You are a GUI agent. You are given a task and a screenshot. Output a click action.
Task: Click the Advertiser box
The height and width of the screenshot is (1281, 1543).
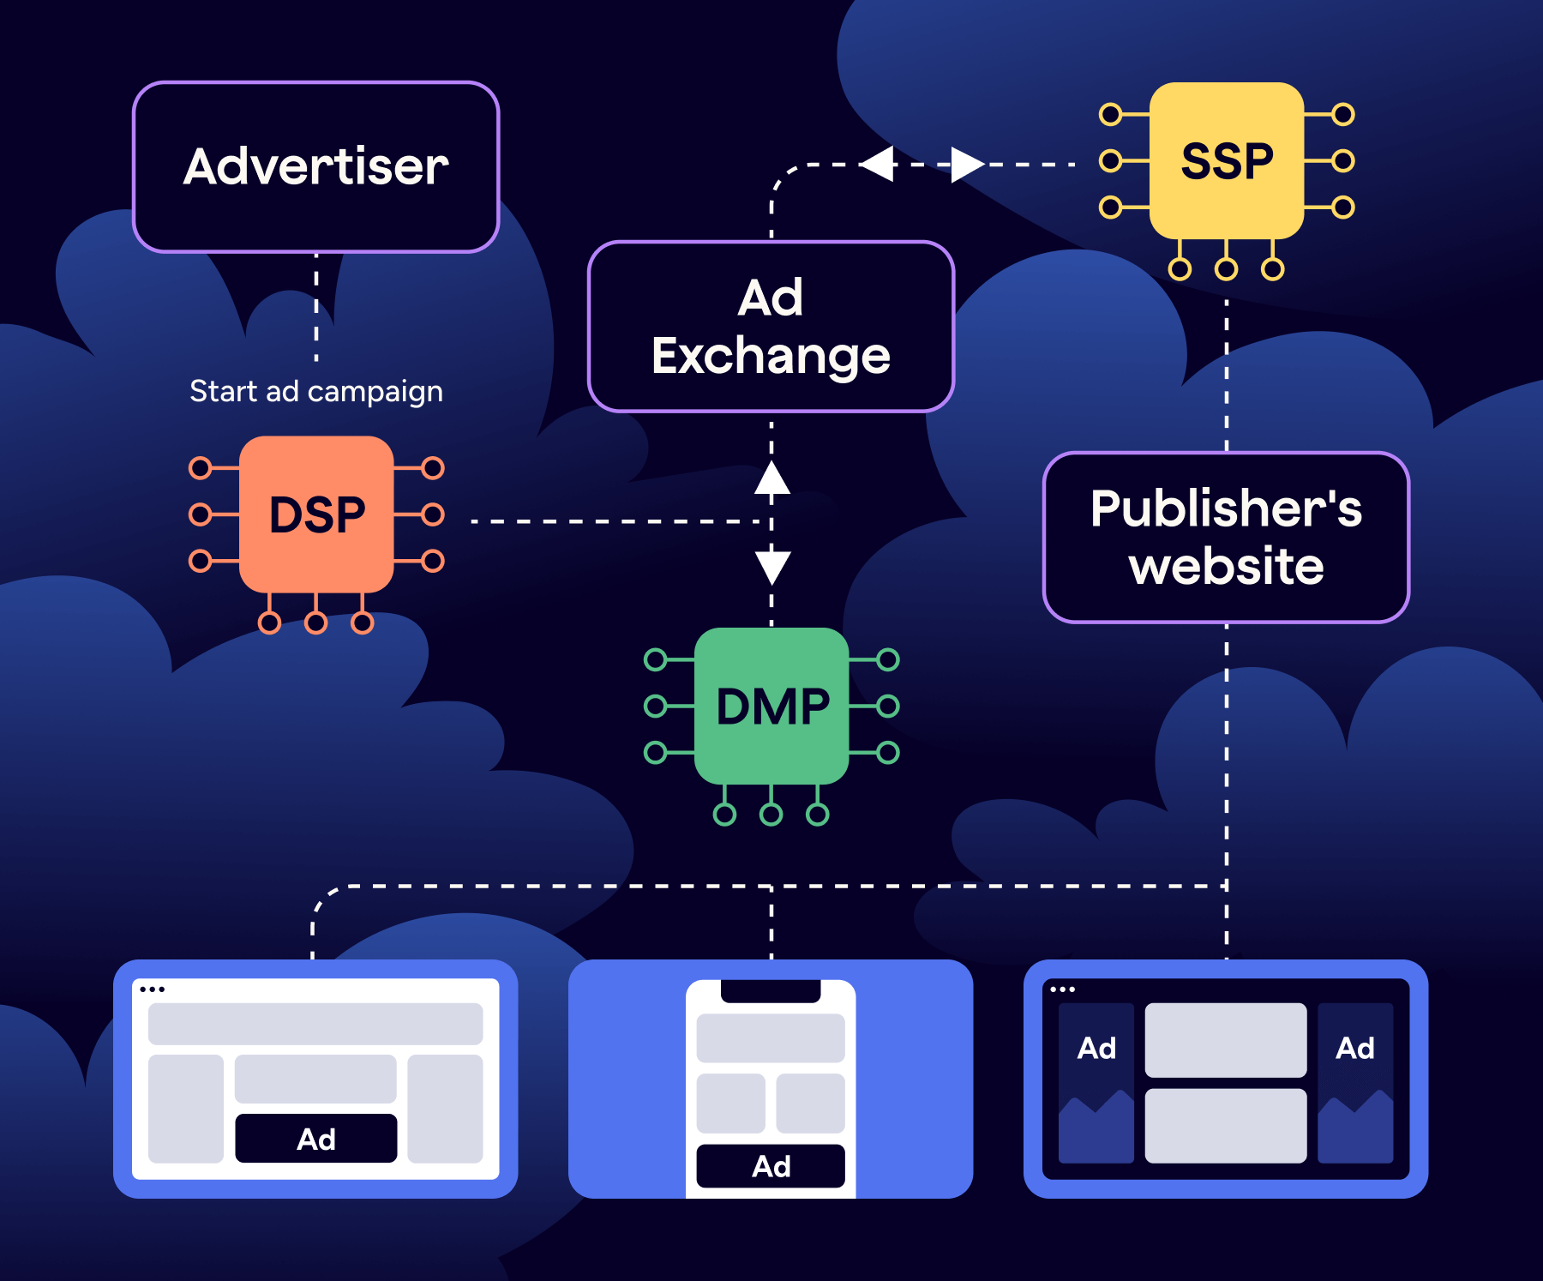click(315, 167)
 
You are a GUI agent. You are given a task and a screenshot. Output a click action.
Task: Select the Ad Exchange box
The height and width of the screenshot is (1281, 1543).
click(771, 327)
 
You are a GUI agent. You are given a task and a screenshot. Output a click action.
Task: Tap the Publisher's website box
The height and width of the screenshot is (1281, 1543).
click(1226, 538)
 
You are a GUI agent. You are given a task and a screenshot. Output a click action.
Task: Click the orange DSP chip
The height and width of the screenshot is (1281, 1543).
click(316, 514)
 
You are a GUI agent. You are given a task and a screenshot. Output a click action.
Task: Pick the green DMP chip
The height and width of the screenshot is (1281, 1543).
click(771, 706)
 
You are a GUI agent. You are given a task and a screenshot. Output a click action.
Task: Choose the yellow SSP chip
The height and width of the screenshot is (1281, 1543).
click(1226, 161)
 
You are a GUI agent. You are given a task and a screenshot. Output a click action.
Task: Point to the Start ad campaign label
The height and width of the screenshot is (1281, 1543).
click(315, 392)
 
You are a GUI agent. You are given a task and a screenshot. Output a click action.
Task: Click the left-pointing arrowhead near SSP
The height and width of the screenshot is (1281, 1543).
click(878, 164)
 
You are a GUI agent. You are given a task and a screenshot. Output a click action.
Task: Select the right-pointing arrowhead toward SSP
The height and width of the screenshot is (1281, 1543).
click(967, 164)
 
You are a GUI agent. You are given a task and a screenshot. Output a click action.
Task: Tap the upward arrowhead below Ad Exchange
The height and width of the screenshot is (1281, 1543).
click(771, 478)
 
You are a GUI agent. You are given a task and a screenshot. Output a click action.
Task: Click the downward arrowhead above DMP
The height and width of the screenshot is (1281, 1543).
click(771, 567)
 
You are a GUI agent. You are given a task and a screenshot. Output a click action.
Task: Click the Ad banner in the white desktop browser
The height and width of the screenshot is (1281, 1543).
click(315, 1139)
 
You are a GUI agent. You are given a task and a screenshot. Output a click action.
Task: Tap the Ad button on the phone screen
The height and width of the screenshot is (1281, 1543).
click(770, 1166)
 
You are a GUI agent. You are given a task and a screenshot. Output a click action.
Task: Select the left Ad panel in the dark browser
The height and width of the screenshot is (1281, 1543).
click(1096, 1082)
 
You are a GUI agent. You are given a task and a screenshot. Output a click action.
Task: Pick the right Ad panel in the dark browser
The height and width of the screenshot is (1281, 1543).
click(1354, 1082)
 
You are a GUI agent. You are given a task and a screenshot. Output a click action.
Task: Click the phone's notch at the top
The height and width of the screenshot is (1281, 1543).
click(770, 990)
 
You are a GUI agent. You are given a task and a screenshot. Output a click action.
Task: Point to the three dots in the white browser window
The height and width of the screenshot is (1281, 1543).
click(152, 989)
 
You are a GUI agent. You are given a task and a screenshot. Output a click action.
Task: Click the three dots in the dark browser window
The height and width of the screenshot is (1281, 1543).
click(1062, 989)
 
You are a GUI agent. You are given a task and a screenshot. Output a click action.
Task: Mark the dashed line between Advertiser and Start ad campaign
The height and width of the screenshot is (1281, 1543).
click(315, 306)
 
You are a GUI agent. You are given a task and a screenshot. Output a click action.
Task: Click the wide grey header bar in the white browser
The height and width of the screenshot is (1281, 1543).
click(315, 1024)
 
